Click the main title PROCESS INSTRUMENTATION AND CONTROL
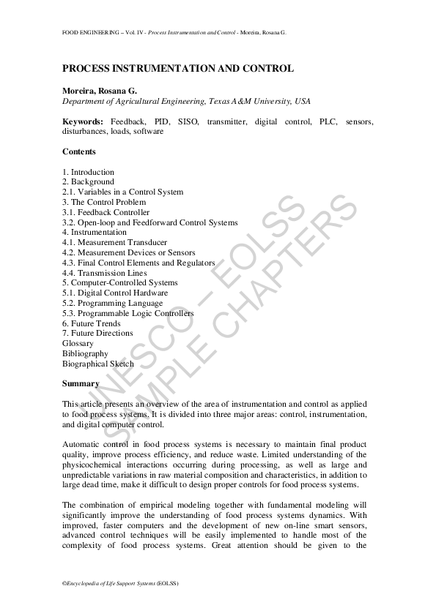(x=178, y=69)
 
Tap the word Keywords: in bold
(x=82, y=121)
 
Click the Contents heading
(x=79, y=151)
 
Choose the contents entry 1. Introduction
(x=88, y=172)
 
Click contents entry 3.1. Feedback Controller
(x=106, y=212)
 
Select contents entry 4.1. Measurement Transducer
(x=114, y=242)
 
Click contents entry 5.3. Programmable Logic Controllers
(x=128, y=313)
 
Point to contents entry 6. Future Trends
(x=92, y=323)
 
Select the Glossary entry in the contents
(x=78, y=343)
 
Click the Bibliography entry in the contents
(x=85, y=353)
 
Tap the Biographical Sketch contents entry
(x=98, y=364)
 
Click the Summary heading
(x=81, y=383)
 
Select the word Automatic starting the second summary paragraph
(x=80, y=444)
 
